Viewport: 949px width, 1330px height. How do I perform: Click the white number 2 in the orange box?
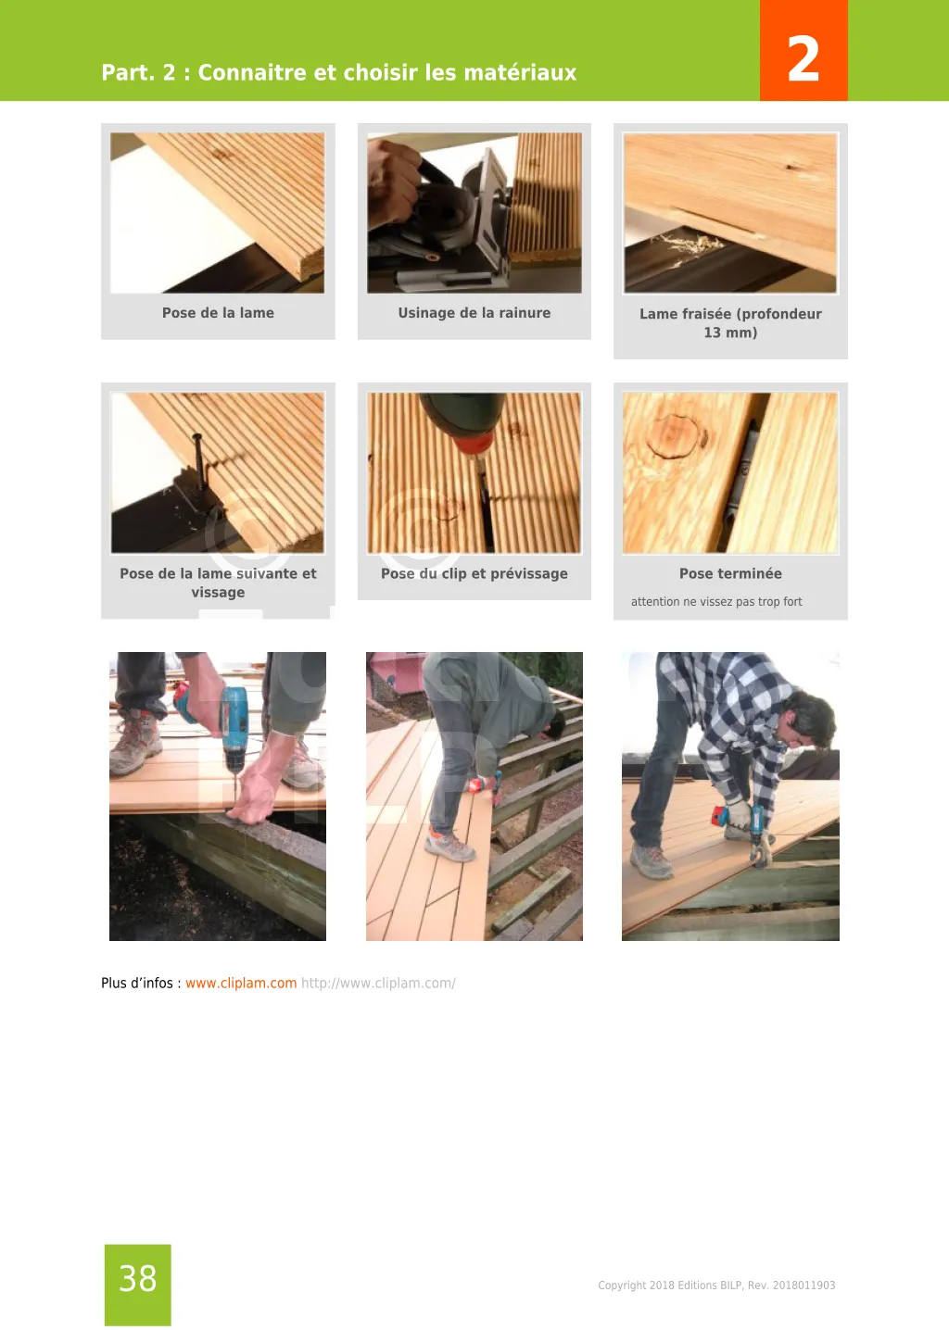(x=803, y=58)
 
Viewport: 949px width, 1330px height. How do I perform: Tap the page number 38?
(x=138, y=1278)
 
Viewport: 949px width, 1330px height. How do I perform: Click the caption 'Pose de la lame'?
(x=218, y=313)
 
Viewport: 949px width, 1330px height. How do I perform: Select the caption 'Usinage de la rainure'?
(x=474, y=313)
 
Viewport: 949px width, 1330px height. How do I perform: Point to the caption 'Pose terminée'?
(x=730, y=573)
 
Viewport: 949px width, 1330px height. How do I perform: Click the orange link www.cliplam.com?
(x=241, y=983)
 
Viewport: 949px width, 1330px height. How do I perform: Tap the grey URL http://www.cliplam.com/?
(x=378, y=984)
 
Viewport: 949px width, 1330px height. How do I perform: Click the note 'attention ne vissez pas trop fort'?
(x=716, y=601)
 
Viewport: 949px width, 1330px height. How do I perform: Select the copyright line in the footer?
(x=716, y=1286)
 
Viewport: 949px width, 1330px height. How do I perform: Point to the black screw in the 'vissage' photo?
(x=198, y=460)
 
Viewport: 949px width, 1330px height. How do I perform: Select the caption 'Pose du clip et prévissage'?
(x=474, y=573)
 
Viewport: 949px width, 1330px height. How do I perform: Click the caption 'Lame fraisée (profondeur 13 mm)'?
(x=730, y=323)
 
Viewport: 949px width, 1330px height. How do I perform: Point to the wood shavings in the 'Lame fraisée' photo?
(x=690, y=244)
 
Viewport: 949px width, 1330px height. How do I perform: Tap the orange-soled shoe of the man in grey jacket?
(x=450, y=847)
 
